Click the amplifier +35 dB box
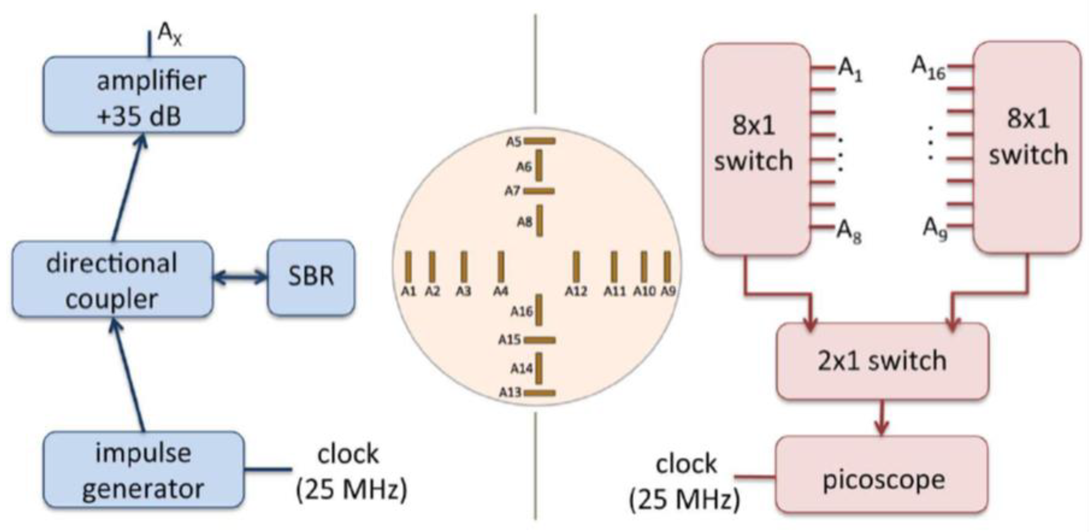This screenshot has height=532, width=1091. pyautogui.click(x=143, y=95)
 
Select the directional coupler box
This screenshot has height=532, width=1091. pyautogui.click(x=112, y=279)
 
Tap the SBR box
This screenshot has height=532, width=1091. pyautogui.click(x=311, y=277)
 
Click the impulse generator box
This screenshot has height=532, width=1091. pyautogui.click(x=143, y=470)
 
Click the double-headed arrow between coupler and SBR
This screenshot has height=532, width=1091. pyautogui.click(x=240, y=277)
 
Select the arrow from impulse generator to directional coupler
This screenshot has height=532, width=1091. pyautogui.click(x=129, y=376)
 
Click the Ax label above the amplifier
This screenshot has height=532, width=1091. pyautogui.click(x=169, y=35)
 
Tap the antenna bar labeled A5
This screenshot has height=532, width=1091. pyautogui.click(x=539, y=141)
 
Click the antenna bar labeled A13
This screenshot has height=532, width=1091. pyautogui.click(x=539, y=393)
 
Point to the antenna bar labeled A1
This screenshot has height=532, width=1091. pyautogui.click(x=409, y=266)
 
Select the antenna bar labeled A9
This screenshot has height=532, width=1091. pyautogui.click(x=667, y=266)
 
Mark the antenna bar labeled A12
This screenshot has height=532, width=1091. pyautogui.click(x=576, y=266)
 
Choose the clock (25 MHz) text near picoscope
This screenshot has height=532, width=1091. pyautogui.click(x=686, y=482)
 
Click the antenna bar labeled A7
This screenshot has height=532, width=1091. pyautogui.click(x=539, y=191)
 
